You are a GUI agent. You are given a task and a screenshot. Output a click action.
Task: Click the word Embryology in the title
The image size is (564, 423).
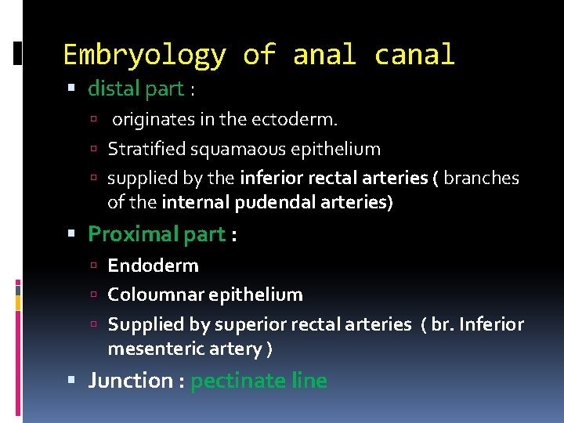point(144,56)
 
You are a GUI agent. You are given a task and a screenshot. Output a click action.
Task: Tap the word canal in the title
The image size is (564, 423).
point(414,55)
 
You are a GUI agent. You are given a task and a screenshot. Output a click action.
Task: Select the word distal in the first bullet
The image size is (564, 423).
point(114,89)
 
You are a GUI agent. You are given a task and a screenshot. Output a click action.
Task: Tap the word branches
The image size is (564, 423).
point(481,178)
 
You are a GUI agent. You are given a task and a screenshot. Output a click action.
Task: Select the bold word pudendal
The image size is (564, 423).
point(277,203)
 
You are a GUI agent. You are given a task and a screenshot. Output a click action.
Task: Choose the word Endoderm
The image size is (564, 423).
point(153,266)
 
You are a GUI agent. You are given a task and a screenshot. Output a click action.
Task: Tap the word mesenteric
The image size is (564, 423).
point(157,349)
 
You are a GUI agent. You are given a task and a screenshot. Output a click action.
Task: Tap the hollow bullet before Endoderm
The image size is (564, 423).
point(93,266)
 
